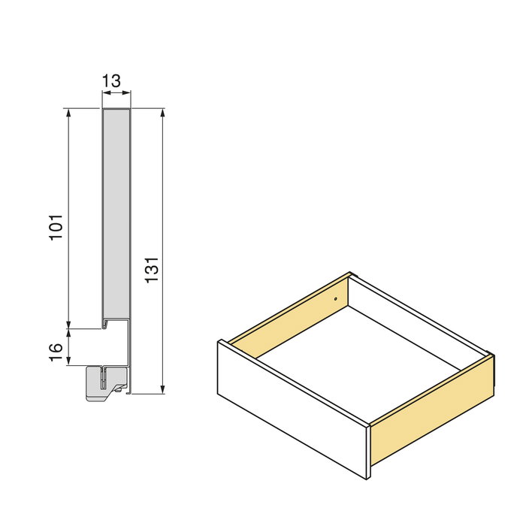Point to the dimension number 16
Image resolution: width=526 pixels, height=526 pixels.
point(56,352)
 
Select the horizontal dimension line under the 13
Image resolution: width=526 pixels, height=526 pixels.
point(116,93)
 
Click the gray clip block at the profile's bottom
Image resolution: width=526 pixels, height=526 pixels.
point(98,382)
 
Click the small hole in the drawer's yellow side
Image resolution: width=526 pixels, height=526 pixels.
point(336,298)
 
